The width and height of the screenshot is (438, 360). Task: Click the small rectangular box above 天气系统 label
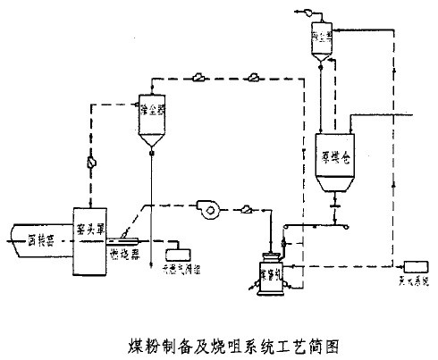pyautogui.click(x=416, y=267)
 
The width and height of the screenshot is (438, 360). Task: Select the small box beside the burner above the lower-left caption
pyautogui.click(x=184, y=247)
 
